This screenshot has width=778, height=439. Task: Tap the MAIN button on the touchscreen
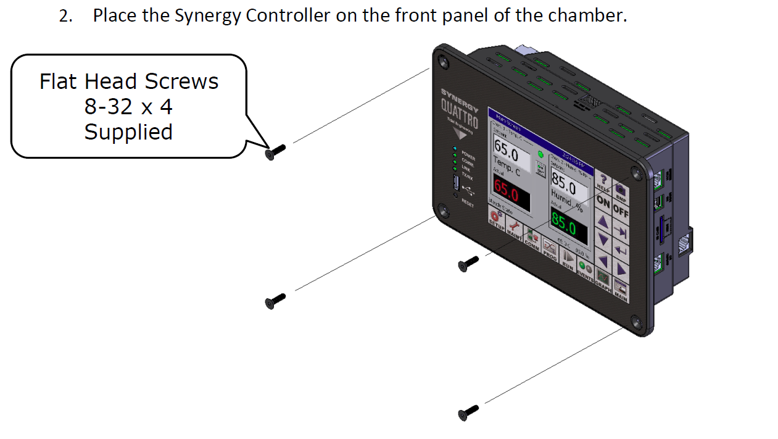tap(620, 290)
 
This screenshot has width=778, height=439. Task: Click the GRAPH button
tap(603, 282)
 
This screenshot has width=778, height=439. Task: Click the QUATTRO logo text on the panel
tap(459, 114)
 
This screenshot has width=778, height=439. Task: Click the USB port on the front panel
tap(455, 183)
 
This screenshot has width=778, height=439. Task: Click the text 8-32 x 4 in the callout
tap(128, 107)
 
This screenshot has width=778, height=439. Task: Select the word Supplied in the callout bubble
tap(128, 132)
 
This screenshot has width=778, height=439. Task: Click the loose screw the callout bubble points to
tap(275, 151)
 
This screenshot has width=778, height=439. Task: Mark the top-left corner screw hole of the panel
tap(442, 61)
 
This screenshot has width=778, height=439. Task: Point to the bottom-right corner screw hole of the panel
tap(637, 320)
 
